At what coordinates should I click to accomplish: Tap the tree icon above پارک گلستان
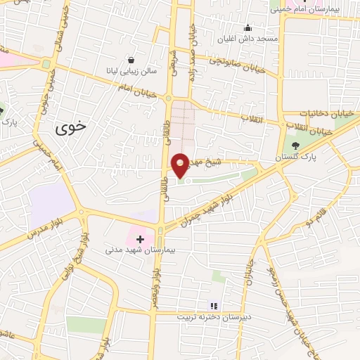295,146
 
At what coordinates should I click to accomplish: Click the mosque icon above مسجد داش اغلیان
247,28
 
